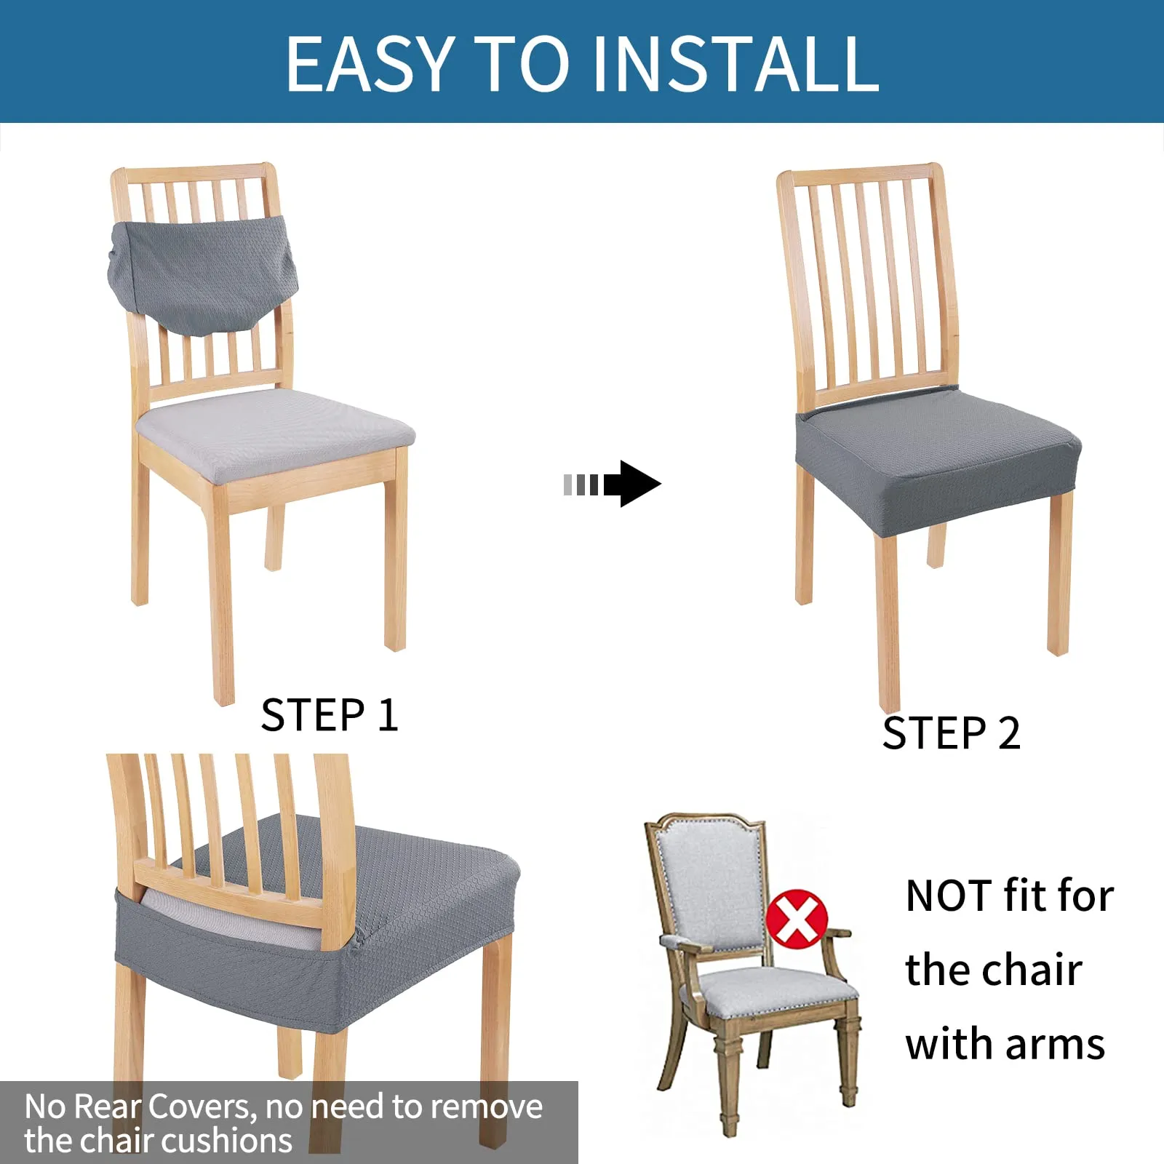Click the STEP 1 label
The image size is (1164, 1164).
[x=330, y=715]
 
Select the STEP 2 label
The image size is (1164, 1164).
[x=951, y=733]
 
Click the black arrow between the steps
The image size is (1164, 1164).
[x=613, y=484]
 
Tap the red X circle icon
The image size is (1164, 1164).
[x=797, y=919]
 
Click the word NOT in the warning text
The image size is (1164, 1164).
[x=949, y=896]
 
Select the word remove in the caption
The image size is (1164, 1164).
[x=490, y=1107]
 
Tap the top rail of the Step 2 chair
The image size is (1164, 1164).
[x=861, y=175]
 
